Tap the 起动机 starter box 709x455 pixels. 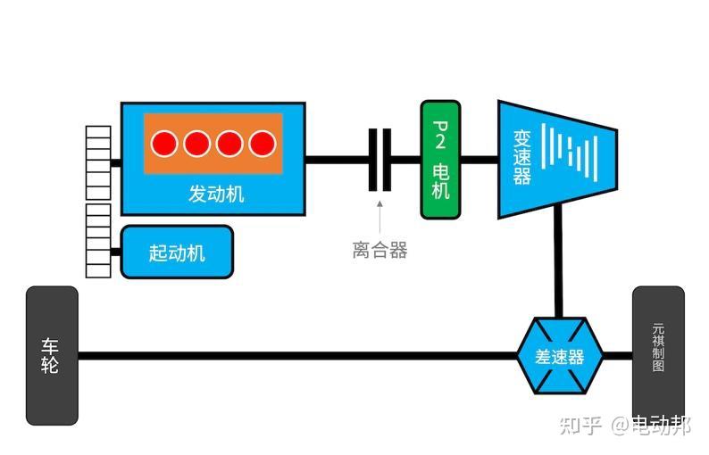click(x=177, y=252)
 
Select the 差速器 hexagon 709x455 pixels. click(x=560, y=356)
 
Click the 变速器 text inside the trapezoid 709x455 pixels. click(x=522, y=158)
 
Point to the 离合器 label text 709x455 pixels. click(x=380, y=251)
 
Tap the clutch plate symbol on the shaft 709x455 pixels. click(x=380, y=160)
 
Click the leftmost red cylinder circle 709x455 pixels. click(x=164, y=143)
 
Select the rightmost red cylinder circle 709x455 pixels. click(x=263, y=143)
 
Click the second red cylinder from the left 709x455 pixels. click(x=197, y=143)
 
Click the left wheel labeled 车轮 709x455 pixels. click(x=51, y=355)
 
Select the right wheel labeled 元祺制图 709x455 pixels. click(x=658, y=353)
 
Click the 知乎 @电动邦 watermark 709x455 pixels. click(x=624, y=426)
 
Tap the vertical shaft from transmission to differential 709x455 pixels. click(x=559, y=263)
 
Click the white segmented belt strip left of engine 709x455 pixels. click(x=98, y=201)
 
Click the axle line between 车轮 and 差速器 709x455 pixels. click(x=295, y=355)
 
